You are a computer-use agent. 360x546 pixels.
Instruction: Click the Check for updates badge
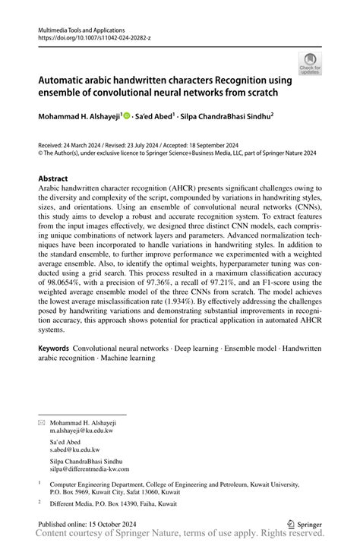click(x=311, y=64)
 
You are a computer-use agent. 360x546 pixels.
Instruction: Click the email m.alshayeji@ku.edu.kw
click(x=81, y=430)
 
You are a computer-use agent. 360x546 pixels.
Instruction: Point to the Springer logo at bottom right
click(x=302, y=523)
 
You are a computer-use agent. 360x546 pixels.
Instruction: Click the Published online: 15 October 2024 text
click(x=84, y=523)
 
